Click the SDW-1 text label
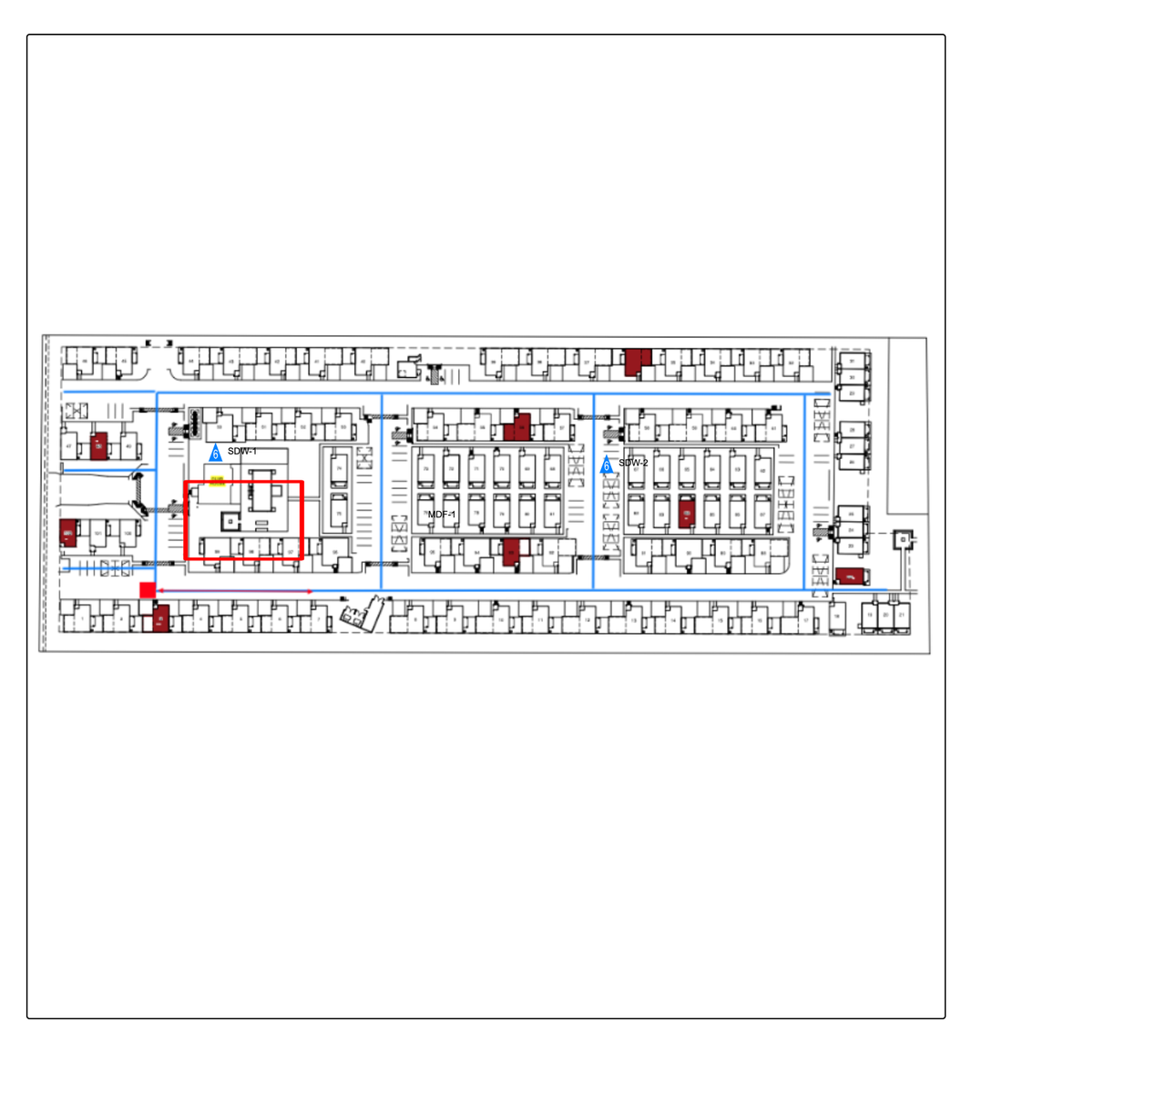(241, 452)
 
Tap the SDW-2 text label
(633, 464)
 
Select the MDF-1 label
(442, 515)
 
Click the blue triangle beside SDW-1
(215, 453)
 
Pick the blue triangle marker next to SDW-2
(606, 465)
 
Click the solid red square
(148, 590)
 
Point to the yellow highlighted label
(217, 481)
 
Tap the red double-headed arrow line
(235, 592)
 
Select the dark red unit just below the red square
(161, 619)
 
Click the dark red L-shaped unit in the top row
(636, 361)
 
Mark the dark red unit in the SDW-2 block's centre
(687, 513)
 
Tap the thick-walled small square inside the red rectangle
(230, 521)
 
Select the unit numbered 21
(901, 616)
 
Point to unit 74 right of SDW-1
(339, 468)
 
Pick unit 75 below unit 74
(339, 514)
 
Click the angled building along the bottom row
(363, 616)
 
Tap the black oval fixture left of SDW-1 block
(194, 423)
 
